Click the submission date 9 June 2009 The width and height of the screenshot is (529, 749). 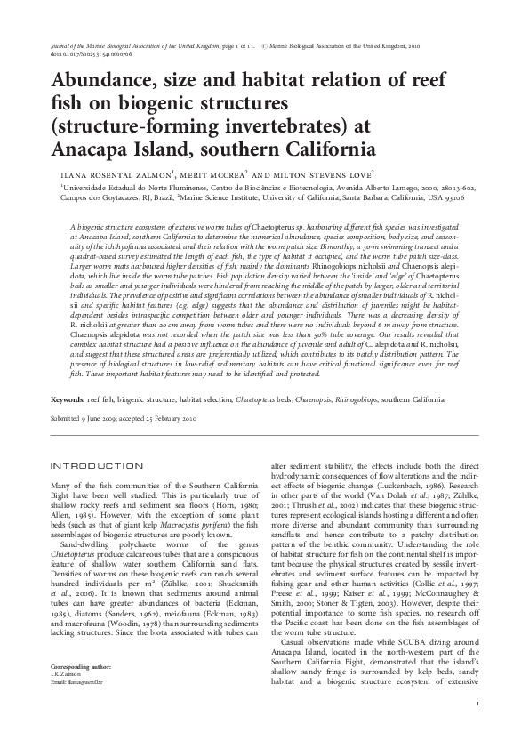click(102, 418)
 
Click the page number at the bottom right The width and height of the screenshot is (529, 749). click(477, 705)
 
